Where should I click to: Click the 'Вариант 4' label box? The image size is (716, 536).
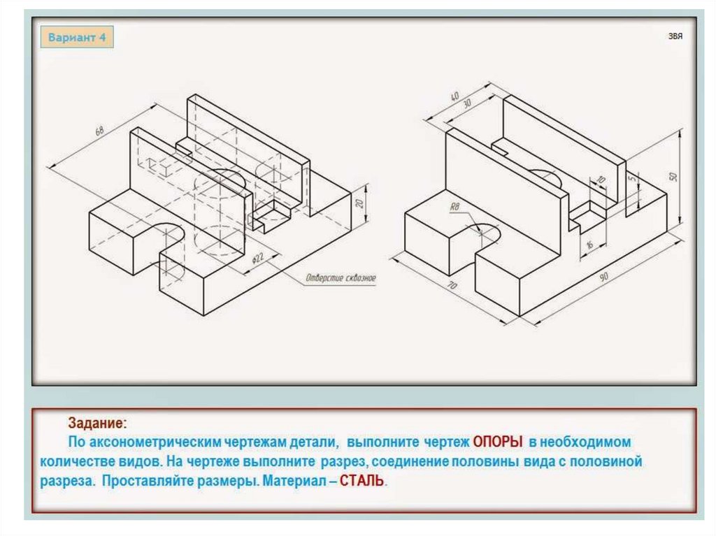pos(77,37)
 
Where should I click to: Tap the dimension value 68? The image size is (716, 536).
pos(99,131)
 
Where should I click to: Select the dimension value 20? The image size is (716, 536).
pos(360,203)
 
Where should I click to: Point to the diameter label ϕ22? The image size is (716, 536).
pos(258,259)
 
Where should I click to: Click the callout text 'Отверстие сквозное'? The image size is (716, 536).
pos(341,277)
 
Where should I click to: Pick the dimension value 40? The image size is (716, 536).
pos(454,96)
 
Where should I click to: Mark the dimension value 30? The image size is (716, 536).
pos(467,103)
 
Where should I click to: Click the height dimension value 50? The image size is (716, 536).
pos(673,176)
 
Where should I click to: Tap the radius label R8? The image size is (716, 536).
pos(454,207)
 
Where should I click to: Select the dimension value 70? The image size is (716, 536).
pos(452,286)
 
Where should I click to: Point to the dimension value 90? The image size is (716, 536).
pos(604,277)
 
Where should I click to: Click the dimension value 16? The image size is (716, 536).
pos(589,245)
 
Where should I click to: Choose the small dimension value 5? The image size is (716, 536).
pos(632,178)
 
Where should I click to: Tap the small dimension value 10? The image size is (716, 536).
pos(601,180)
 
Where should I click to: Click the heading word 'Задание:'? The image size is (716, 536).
pos(97,423)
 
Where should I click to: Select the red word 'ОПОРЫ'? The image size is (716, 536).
pos(498,442)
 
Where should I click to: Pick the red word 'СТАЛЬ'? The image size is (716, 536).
pos(361,481)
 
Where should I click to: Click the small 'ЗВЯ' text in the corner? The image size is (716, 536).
pos(675,36)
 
